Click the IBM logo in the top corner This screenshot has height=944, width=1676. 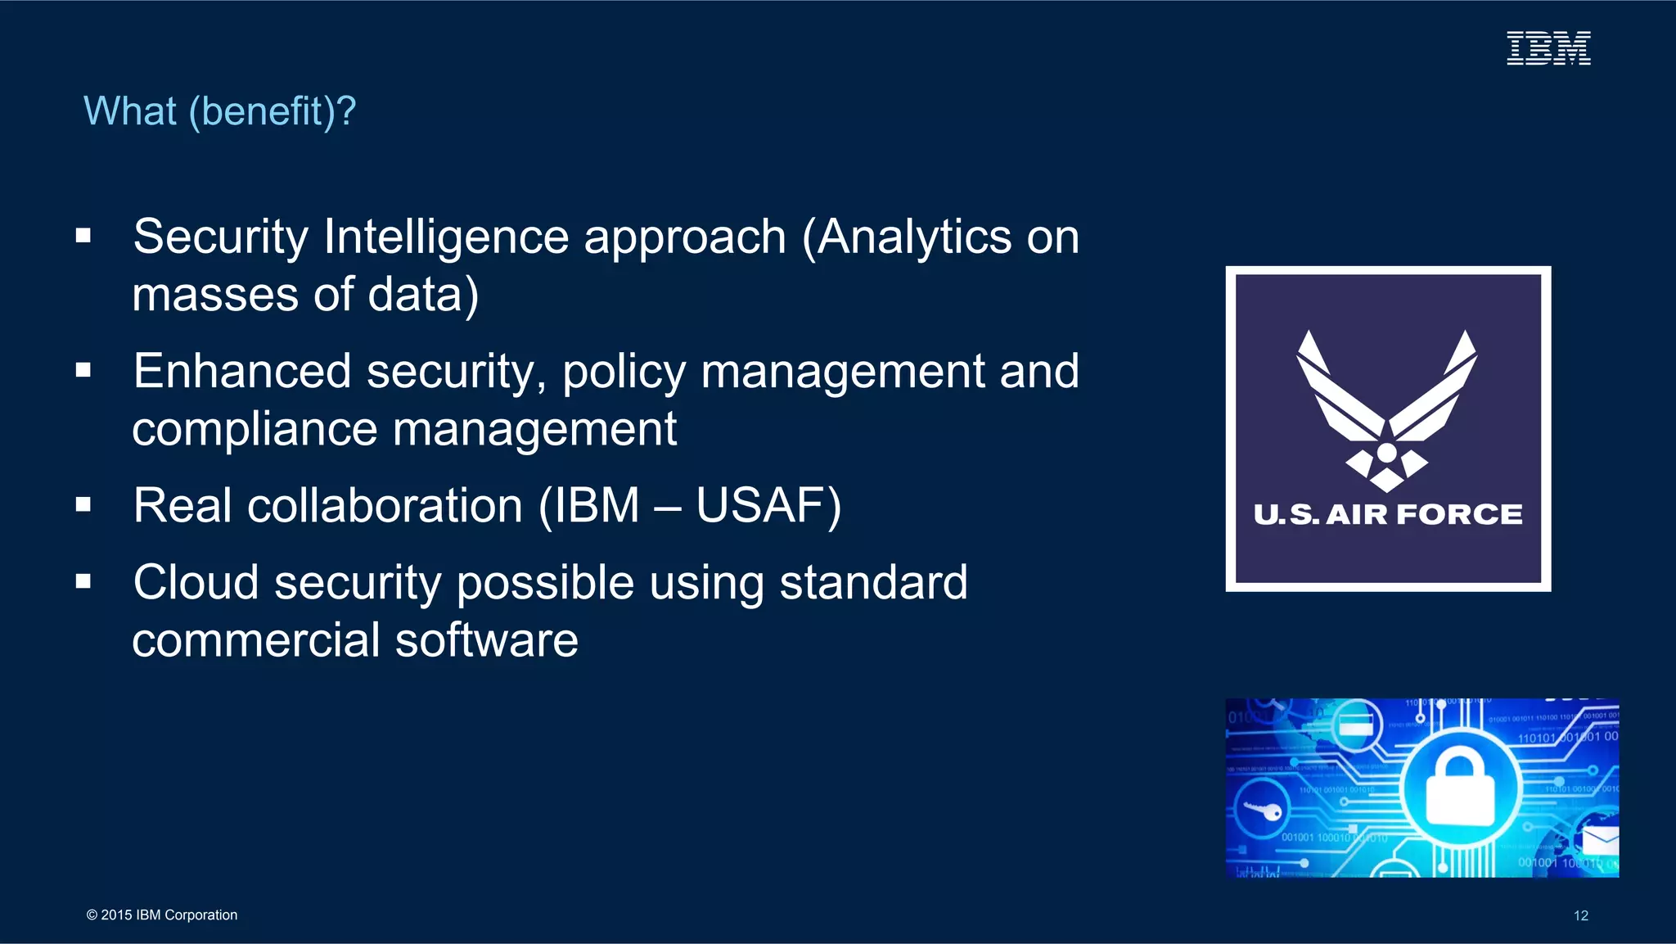pos(1548,48)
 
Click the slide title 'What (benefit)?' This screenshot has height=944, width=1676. pos(219,111)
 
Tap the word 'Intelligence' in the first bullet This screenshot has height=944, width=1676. pos(445,237)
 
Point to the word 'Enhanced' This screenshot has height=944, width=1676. pos(242,371)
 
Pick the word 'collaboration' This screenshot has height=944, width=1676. pos(385,505)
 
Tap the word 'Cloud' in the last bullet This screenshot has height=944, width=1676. pos(196,582)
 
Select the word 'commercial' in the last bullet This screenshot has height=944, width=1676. pos(256,640)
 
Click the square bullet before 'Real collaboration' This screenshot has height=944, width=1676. pos(83,504)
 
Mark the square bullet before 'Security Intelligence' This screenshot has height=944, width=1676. pos(83,237)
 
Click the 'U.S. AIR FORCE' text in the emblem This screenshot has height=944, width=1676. pos(1388,514)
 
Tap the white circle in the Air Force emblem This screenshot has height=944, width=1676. pos(1387,453)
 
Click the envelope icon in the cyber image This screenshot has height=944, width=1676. pos(1600,840)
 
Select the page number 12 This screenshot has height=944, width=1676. pos(1580,915)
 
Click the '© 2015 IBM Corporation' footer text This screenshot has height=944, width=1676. pos(162,915)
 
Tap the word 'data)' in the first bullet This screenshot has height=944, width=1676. pos(423,296)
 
